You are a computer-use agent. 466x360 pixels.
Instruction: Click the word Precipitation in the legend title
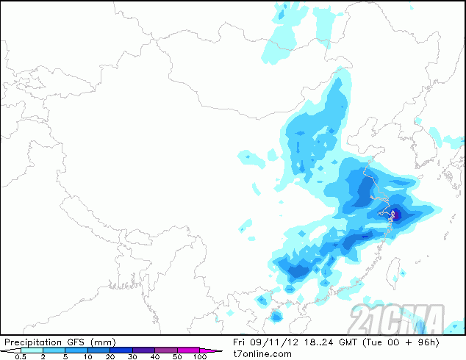point(32,342)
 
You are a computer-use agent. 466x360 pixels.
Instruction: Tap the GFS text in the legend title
point(76,342)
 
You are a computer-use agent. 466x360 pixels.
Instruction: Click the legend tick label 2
point(43,357)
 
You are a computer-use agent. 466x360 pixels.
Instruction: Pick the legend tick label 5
point(65,357)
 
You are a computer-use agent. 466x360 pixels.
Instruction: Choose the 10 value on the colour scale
point(87,357)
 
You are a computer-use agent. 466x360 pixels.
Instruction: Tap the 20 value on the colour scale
point(110,357)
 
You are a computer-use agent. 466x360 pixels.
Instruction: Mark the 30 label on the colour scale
point(133,357)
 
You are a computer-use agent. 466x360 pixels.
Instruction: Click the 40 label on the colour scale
point(155,357)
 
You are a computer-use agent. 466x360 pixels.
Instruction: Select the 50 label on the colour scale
point(178,357)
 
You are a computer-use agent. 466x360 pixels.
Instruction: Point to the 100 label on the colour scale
point(200,357)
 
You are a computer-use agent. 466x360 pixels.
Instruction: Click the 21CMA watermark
point(397,318)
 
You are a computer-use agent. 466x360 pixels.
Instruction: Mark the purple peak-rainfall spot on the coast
point(392,215)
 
